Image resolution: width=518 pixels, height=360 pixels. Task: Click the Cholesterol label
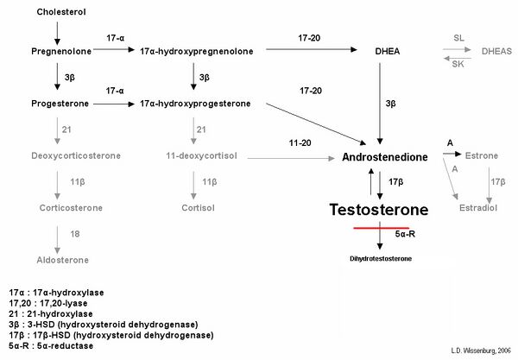pos(61,12)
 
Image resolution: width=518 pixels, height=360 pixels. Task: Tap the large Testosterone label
pos(379,210)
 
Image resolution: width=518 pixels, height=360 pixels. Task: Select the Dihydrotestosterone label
pos(381,259)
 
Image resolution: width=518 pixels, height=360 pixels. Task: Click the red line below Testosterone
pos(382,228)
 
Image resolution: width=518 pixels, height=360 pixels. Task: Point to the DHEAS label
pos(496,52)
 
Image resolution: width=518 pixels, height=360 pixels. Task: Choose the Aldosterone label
pos(62,260)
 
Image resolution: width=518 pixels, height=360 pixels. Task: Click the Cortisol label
pos(198,208)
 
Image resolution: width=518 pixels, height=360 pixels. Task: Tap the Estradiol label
pos(478,208)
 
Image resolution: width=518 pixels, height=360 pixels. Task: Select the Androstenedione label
pos(385,157)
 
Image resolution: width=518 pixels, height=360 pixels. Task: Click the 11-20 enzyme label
pos(300,143)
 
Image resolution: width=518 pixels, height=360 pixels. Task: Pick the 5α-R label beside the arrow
pos(405,234)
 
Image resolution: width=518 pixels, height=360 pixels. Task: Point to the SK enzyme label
pos(458,64)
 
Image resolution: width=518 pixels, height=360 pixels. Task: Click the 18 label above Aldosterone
pos(75,234)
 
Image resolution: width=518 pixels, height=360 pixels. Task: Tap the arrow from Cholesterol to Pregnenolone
pos(57,34)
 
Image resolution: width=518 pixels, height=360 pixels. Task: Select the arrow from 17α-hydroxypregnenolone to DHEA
pos(312,49)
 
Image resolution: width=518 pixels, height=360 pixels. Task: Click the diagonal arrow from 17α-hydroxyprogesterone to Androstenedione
pos(316,124)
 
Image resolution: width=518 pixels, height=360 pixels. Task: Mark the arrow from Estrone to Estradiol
pos(490,186)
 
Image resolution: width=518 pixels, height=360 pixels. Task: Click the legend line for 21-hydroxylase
pos(51,313)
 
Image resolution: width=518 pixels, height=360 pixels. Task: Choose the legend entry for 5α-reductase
pos(51,346)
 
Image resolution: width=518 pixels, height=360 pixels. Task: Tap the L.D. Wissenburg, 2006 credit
pos(481,351)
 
